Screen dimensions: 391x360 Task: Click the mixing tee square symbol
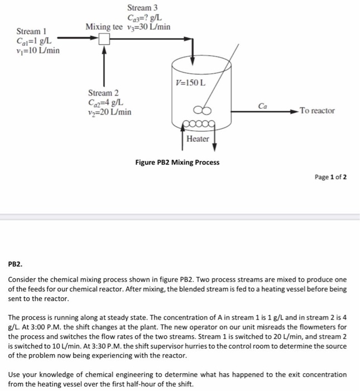[x=104, y=39]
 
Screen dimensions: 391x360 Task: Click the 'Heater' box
[x=198, y=139]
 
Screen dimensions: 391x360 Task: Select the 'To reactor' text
[x=317, y=111]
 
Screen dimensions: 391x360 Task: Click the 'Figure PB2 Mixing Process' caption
[x=177, y=163]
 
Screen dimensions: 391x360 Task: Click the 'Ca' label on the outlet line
[x=263, y=106]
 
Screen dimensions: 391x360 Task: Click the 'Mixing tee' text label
[x=103, y=27]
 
